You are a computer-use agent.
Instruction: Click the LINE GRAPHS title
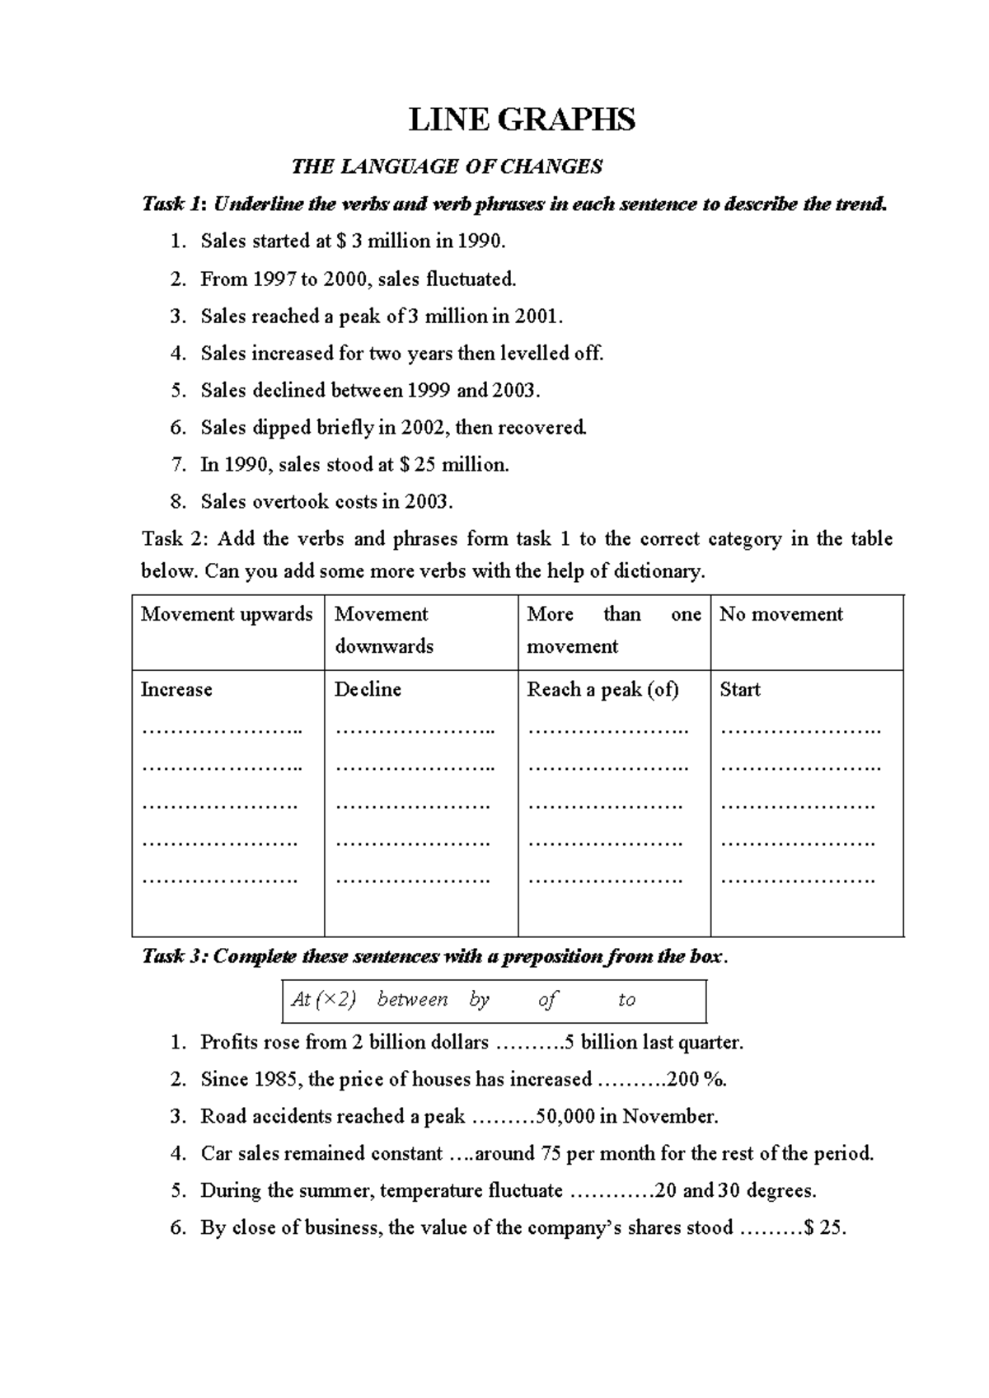(522, 120)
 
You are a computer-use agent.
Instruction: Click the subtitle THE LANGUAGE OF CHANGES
(447, 167)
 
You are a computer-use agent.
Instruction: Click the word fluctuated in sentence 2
(471, 279)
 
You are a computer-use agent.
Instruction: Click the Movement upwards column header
(227, 614)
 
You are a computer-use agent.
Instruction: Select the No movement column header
(780, 614)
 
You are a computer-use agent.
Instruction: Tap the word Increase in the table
(176, 690)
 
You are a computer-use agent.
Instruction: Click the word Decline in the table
(368, 690)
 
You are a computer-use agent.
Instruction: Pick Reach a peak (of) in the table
(602, 690)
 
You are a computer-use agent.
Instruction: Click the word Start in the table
(739, 690)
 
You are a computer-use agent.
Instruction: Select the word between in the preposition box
(412, 1000)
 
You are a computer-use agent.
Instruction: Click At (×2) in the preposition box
(324, 1000)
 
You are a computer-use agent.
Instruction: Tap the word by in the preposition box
(479, 1001)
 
